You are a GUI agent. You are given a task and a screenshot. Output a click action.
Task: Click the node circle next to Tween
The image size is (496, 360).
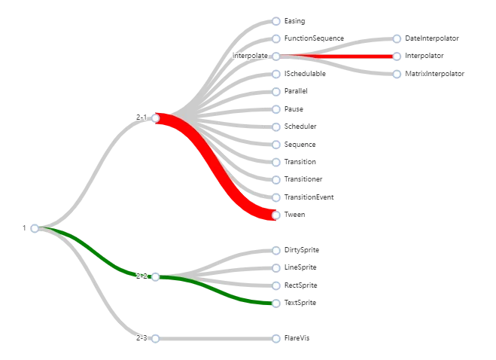[276, 215]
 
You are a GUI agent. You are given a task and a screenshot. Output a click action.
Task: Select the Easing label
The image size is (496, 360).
[294, 21]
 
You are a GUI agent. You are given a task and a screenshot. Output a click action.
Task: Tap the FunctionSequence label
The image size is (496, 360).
[314, 38]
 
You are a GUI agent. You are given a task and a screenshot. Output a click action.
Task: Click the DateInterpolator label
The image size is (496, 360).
[431, 38]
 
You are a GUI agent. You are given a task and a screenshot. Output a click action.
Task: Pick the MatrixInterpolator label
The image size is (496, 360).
[435, 74]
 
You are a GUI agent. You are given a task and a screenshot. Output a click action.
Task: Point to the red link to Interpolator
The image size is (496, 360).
[339, 56]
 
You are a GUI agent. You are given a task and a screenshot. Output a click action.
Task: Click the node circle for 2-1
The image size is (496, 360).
[156, 118]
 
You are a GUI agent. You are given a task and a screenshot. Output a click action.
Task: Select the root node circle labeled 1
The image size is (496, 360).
[35, 228]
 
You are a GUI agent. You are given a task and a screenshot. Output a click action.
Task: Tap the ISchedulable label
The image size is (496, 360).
[305, 74]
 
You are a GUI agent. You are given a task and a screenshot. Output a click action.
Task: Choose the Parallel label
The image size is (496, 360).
[296, 91]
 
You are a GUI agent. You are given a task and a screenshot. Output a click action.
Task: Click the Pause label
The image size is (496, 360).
[294, 109]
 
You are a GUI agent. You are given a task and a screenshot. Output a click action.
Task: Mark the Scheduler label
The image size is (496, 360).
[300, 127]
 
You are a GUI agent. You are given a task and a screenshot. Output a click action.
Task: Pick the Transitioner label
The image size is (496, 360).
[303, 180]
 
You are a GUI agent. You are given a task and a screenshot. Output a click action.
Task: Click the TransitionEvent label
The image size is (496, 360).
[309, 197]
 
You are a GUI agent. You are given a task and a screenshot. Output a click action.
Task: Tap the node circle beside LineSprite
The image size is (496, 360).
[276, 267]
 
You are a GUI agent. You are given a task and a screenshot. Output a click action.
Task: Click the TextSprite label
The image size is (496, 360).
[300, 303]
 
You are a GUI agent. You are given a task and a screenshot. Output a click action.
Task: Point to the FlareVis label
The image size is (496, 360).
[297, 339]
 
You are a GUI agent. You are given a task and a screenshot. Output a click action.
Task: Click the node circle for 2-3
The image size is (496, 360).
[155, 339]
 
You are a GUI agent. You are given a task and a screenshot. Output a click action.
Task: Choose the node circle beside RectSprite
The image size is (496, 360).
[276, 285]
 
